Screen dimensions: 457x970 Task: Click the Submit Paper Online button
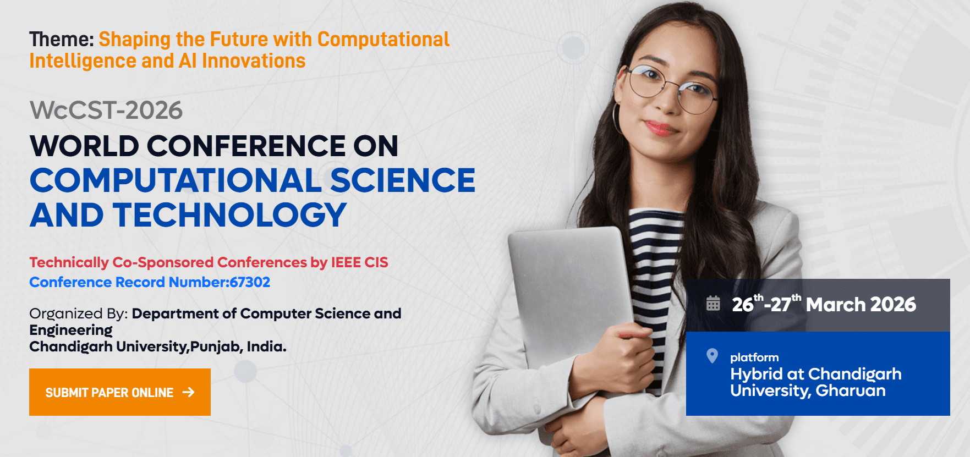(x=119, y=392)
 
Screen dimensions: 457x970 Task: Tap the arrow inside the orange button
(x=188, y=392)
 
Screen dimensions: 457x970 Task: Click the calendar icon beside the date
(x=713, y=304)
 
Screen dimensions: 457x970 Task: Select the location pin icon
(x=712, y=356)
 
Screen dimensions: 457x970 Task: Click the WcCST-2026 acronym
(x=106, y=111)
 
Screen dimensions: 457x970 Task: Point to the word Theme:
(x=62, y=40)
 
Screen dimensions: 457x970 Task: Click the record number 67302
(x=250, y=282)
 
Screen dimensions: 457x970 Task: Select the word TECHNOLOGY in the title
(x=230, y=215)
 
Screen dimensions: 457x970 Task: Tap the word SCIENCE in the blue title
(x=402, y=180)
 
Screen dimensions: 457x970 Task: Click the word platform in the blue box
(x=754, y=357)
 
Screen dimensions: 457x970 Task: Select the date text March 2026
(x=861, y=304)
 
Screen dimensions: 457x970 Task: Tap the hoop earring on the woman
(x=617, y=118)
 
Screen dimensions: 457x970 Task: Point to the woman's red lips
(x=661, y=128)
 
